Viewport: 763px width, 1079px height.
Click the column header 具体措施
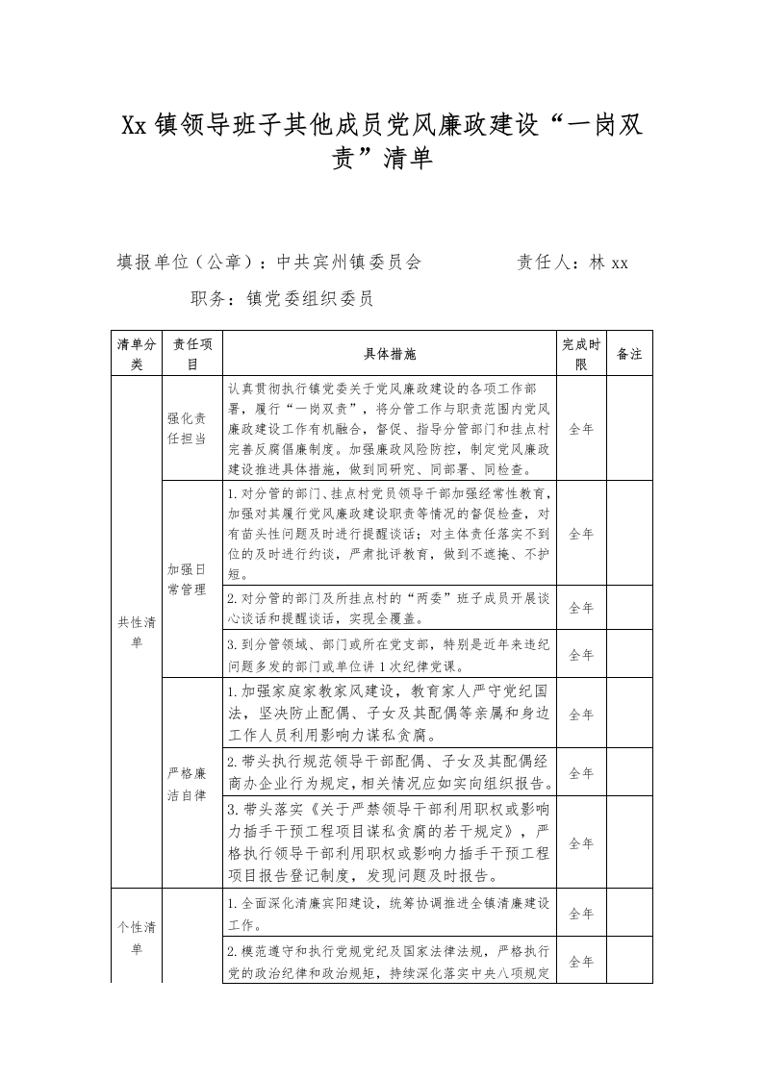[391, 355]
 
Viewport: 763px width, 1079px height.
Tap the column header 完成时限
[581, 355]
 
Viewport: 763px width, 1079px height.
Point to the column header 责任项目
[191, 355]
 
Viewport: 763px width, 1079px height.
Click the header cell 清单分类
[136, 355]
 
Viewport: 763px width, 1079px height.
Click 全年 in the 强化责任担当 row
[581, 429]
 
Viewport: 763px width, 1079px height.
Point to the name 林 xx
[609, 263]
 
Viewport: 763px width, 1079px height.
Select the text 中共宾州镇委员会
[349, 263]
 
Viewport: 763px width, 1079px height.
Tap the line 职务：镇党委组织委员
[282, 299]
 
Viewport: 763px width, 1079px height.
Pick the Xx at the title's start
[135, 126]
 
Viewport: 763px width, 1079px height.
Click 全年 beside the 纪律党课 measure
[581, 655]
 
